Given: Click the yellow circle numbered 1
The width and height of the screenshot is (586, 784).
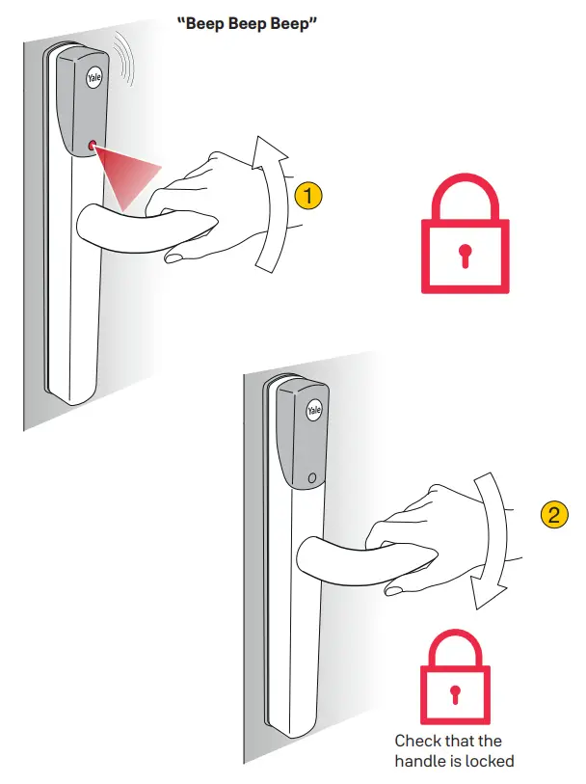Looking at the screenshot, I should (306, 195).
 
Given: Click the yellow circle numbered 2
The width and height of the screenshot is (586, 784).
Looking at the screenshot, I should (552, 514).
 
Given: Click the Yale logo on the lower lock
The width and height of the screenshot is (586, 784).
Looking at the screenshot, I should (313, 412).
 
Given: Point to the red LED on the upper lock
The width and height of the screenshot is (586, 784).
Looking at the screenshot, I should (93, 146).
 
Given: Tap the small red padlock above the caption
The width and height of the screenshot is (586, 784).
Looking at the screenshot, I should (453, 680).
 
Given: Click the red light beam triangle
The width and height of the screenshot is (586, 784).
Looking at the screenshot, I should (129, 175).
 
